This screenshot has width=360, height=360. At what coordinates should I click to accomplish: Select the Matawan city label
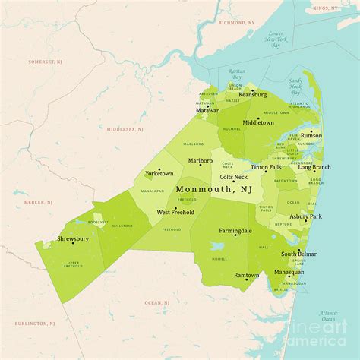click(x=208, y=110)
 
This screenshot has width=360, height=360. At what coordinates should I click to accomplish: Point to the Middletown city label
click(x=259, y=122)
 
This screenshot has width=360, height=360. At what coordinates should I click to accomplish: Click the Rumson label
click(x=311, y=137)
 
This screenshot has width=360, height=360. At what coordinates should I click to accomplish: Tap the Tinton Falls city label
click(x=270, y=167)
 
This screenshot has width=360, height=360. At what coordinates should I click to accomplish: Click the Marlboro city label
click(x=201, y=160)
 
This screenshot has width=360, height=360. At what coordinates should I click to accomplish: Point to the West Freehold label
click(x=175, y=212)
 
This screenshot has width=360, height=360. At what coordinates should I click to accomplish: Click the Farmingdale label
click(x=235, y=230)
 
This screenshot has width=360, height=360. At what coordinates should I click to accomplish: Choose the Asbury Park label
click(x=305, y=216)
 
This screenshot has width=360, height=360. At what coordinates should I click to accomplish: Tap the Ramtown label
click(x=246, y=276)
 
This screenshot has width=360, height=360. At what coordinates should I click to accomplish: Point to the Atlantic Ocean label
click(x=328, y=316)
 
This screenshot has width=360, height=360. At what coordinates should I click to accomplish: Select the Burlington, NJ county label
click(x=38, y=323)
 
